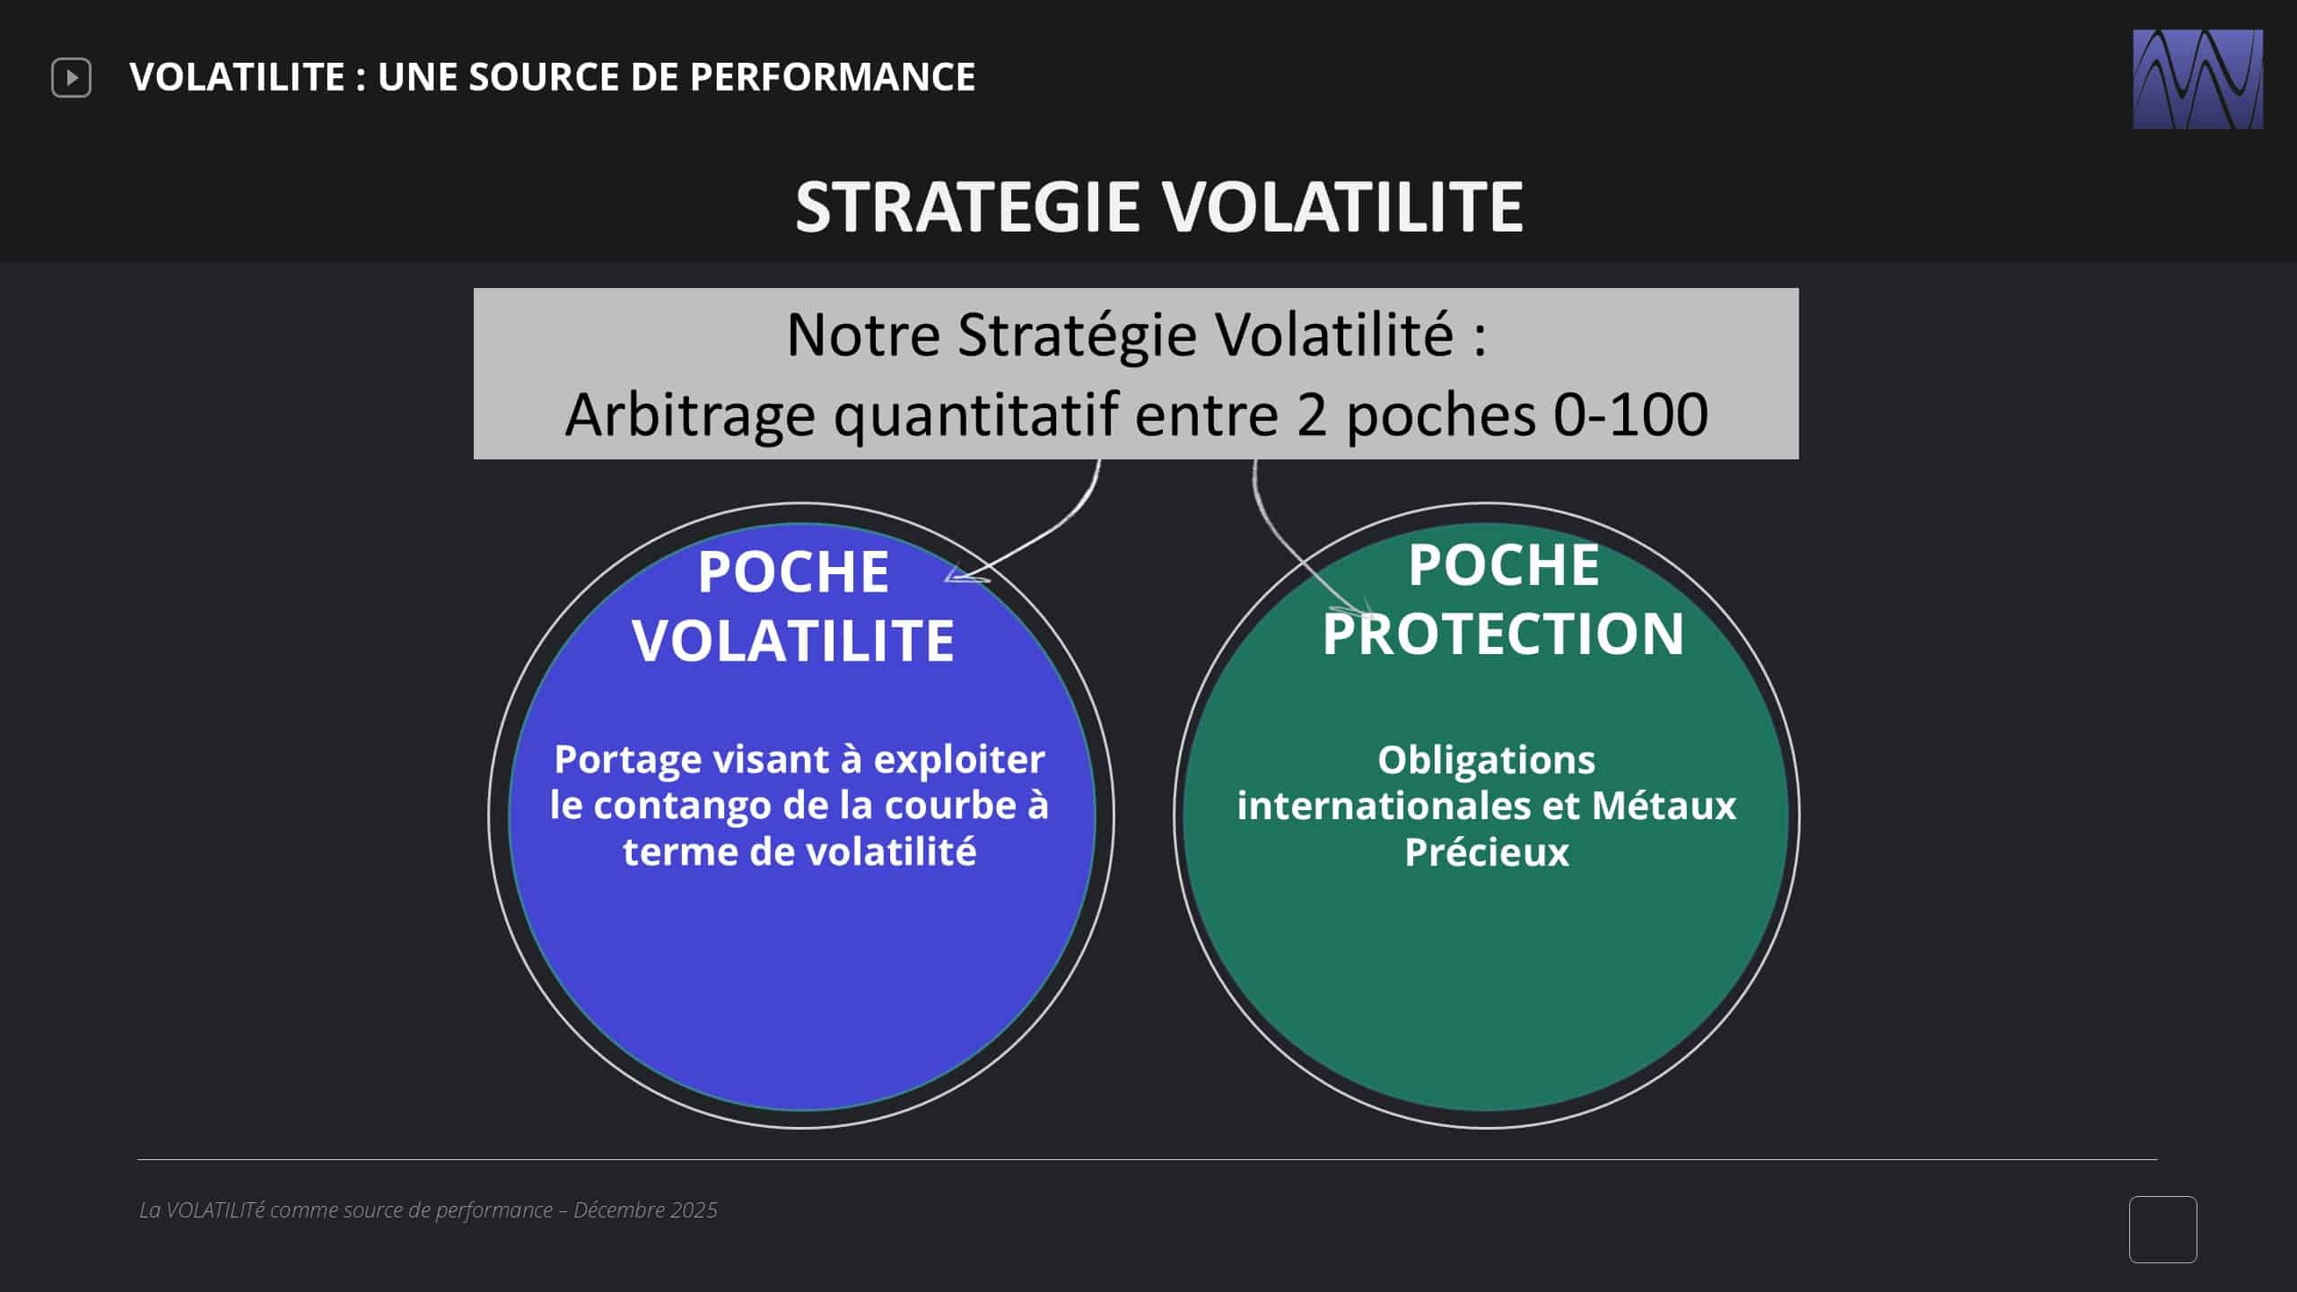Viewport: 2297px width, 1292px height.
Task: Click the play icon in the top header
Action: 71,78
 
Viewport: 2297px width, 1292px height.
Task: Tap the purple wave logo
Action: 2197,79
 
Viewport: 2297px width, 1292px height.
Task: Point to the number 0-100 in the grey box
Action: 1630,415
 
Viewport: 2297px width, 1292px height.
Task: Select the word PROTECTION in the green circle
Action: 1504,633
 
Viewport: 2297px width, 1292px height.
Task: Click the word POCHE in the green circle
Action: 1504,565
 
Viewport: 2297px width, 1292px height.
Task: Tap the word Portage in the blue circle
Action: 628,761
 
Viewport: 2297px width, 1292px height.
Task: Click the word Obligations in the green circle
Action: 1487,761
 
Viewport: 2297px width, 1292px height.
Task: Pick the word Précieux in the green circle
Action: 1487,852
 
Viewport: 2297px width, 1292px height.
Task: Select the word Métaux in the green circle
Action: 1664,805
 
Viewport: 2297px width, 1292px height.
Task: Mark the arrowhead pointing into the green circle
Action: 1357,611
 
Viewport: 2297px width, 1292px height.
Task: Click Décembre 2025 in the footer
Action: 645,1210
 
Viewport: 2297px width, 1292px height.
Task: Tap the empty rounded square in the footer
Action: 2162,1229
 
